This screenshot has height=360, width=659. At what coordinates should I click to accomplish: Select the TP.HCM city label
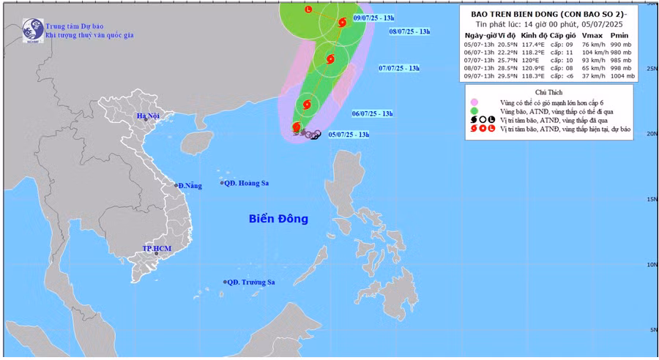(157, 249)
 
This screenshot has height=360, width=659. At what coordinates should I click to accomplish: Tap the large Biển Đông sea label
(278, 218)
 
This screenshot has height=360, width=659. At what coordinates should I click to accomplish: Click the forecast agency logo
(32, 30)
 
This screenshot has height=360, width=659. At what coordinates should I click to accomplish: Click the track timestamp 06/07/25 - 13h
(373, 114)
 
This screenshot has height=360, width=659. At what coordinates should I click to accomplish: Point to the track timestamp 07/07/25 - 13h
(399, 68)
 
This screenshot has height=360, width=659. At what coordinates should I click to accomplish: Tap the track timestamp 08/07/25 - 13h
(409, 31)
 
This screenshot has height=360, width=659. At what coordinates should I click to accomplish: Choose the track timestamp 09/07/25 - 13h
(373, 17)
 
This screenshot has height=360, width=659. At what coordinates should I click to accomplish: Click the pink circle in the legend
(474, 102)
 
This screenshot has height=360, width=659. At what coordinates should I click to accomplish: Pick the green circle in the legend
(474, 111)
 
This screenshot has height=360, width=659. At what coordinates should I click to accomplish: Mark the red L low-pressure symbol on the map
(308, 10)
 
